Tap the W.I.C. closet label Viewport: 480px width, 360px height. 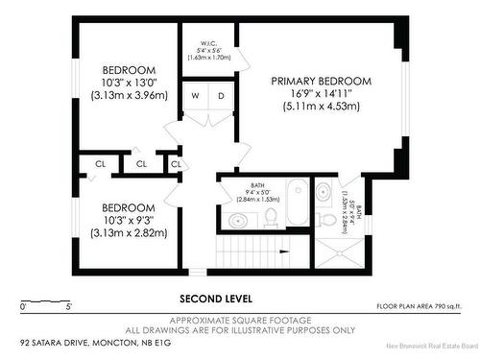[207, 42]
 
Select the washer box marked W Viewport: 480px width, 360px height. [195, 95]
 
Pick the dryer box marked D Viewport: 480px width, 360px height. [220, 95]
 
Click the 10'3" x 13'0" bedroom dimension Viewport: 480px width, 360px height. [129, 84]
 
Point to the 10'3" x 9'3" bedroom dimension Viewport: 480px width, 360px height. [129, 221]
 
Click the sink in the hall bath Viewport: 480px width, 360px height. [236, 221]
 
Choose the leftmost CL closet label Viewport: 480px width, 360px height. [100, 164]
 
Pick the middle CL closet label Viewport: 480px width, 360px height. [141, 164]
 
